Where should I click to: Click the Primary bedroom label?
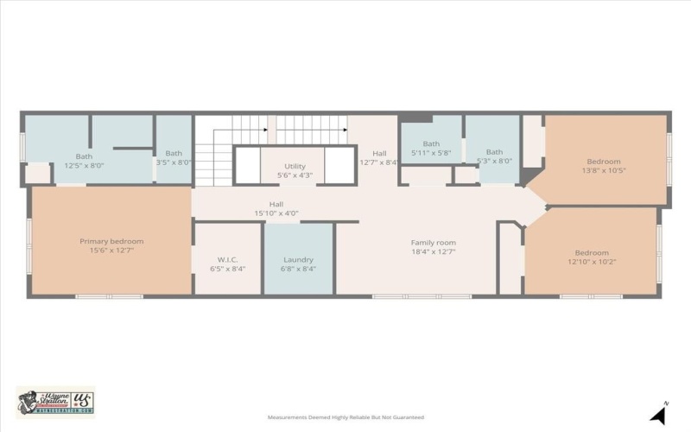pyautogui.click(x=111, y=241)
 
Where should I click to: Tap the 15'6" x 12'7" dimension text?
pyautogui.click(x=111, y=251)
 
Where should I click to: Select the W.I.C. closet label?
pyautogui.click(x=227, y=259)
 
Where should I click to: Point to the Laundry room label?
pyautogui.click(x=299, y=259)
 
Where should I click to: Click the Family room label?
pyautogui.click(x=433, y=243)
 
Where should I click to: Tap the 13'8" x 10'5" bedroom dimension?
pyautogui.click(x=604, y=170)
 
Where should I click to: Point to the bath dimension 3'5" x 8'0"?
pyautogui.click(x=174, y=162)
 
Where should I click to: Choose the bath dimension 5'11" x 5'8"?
pyautogui.click(x=431, y=153)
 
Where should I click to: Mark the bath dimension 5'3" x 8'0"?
pyautogui.click(x=495, y=161)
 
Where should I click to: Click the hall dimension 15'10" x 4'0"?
pyautogui.click(x=276, y=213)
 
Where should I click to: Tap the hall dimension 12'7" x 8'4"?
pyautogui.click(x=378, y=161)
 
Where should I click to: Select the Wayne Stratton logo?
pyautogui.click(x=55, y=402)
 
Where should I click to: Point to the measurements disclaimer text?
pyautogui.click(x=345, y=416)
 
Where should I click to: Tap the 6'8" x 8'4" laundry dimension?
pyautogui.click(x=299, y=269)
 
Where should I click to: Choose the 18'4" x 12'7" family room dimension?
pyautogui.click(x=433, y=252)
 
